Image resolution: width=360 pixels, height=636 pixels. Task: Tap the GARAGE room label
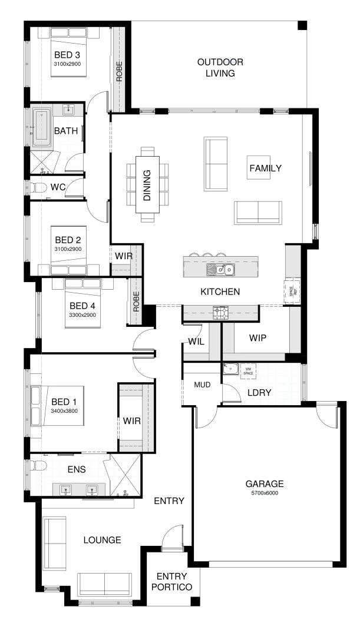(x=265, y=484)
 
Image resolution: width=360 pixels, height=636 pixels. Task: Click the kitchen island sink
(x=220, y=270)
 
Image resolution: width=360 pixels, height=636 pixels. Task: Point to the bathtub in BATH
(x=41, y=127)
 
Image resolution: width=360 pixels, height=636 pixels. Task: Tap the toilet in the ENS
(x=37, y=466)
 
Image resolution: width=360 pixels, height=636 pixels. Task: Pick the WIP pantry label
(x=258, y=338)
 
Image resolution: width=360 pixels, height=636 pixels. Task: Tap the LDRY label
(x=259, y=392)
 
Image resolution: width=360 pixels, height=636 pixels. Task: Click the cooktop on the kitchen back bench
(x=220, y=313)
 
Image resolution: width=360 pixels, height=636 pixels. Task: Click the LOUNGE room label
(x=102, y=539)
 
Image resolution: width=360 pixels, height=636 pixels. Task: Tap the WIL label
(x=196, y=341)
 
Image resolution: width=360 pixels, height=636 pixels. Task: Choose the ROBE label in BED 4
(x=136, y=302)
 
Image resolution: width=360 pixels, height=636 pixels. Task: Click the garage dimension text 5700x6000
(x=265, y=493)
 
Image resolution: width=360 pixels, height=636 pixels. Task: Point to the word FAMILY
(x=265, y=168)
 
